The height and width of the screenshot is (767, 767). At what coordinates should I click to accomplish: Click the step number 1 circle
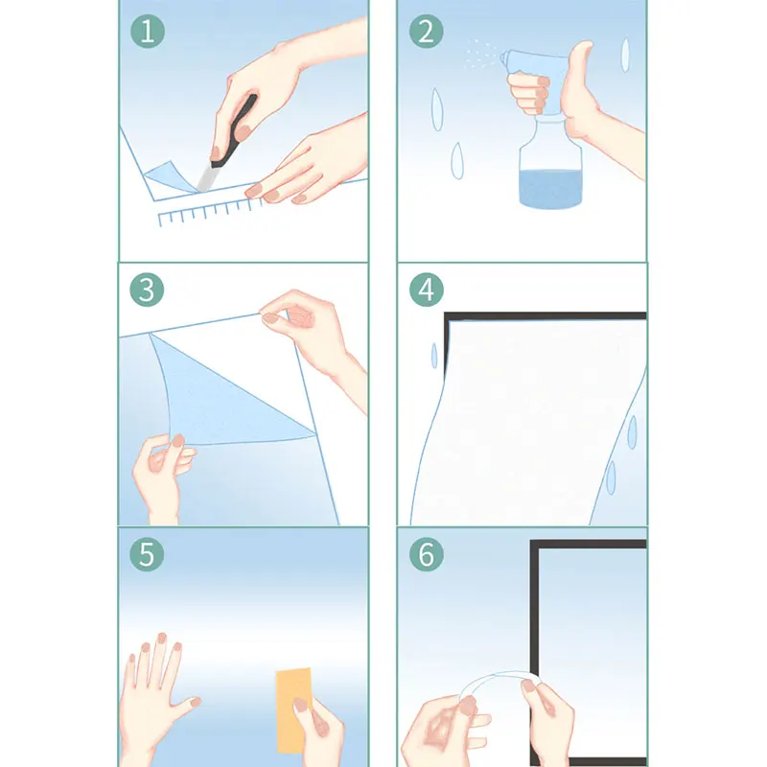pyautogui.click(x=148, y=32)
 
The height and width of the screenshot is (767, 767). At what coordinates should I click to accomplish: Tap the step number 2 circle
pyautogui.click(x=426, y=32)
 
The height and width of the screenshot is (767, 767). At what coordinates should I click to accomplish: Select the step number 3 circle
pyautogui.click(x=147, y=290)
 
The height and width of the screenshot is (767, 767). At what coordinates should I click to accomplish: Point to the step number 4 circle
pyautogui.click(x=427, y=290)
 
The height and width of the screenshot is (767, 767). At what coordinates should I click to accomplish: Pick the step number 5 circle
pyautogui.click(x=147, y=554)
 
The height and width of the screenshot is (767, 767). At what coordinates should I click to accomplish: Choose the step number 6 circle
pyautogui.click(x=427, y=554)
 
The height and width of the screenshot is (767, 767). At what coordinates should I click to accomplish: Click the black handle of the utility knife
pyautogui.click(x=236, y=132)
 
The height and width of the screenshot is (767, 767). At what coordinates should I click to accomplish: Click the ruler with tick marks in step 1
pyautogui.click(x=209, y=212)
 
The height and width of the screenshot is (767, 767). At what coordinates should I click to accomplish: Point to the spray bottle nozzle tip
pyautogui.click(x=501, y=58)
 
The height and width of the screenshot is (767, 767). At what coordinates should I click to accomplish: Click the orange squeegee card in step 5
pyautogui.click(x=294, y=710)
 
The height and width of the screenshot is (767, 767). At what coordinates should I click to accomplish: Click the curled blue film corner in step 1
pyautogui.click(x=169, y=177)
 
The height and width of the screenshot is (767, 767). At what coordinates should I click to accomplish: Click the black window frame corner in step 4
pyautogui.click(x=448, y=316)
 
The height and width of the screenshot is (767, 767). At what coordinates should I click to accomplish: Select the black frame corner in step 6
pyautogui.click(x=535, y=544)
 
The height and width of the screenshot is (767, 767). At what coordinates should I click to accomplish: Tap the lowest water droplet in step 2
pyautogui.click(x=457, y=161)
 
